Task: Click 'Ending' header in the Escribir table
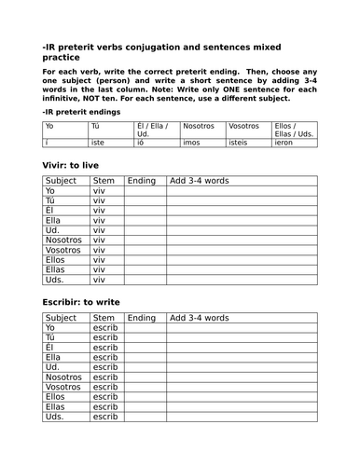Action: (x=142, y=318)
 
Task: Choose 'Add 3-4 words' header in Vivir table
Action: (x=199, y=180)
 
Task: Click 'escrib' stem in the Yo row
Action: (x=105, y=328)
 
